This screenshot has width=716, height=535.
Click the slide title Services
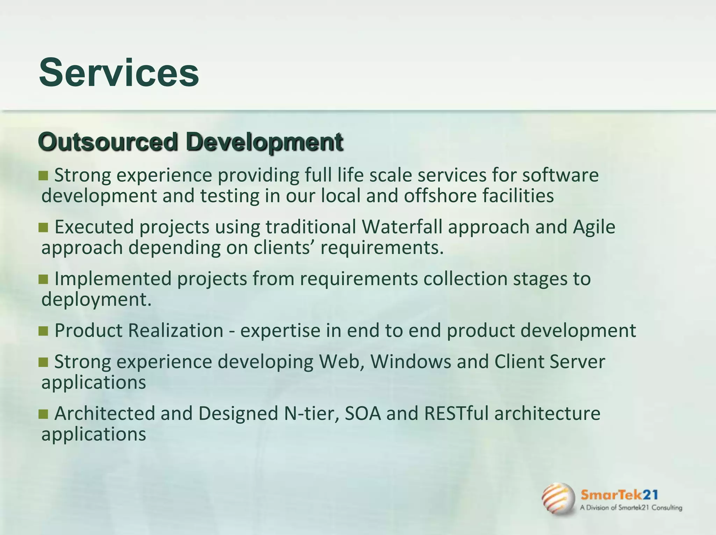click(x=119, y=73)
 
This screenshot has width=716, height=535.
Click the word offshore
click(x=440, y=196)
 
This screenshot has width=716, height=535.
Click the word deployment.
click(x=96, y=299)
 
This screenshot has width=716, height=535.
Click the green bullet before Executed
click(x=43, y=228)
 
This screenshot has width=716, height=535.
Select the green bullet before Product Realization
click(x=43, y=331)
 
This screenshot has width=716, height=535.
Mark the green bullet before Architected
click(x=43, y=414)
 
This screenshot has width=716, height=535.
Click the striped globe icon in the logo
click(x=558, y=499)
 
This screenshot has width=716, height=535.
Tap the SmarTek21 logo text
click(x=619, y=495)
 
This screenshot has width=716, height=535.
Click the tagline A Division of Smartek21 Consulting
click(x=631, y=508)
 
